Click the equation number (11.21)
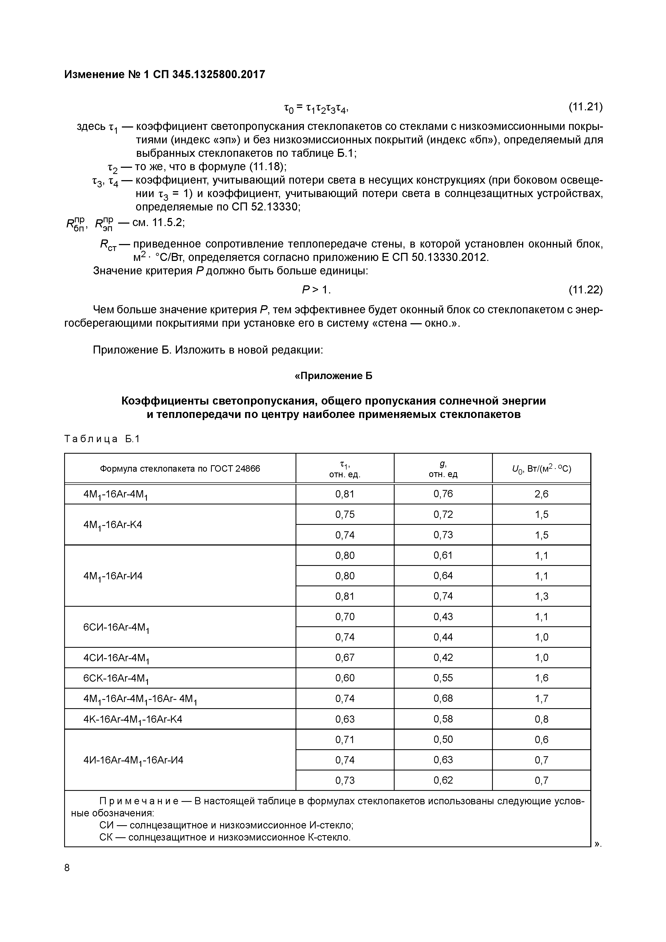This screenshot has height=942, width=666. [x=585, y=107]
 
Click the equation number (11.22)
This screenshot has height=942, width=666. [x=585, y=290]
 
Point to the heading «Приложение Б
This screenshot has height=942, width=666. [x=333, y=376]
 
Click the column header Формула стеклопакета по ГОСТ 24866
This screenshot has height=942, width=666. [x=180, y=468]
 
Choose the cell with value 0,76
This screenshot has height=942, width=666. [x=443, y=494]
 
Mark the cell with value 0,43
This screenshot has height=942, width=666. [x=443, y=617]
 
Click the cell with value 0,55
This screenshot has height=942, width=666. [x=443, y=678]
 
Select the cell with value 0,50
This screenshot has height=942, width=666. [x=443, y=740]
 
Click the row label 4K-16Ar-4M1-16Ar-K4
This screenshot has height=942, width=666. [x=133, y=719]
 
